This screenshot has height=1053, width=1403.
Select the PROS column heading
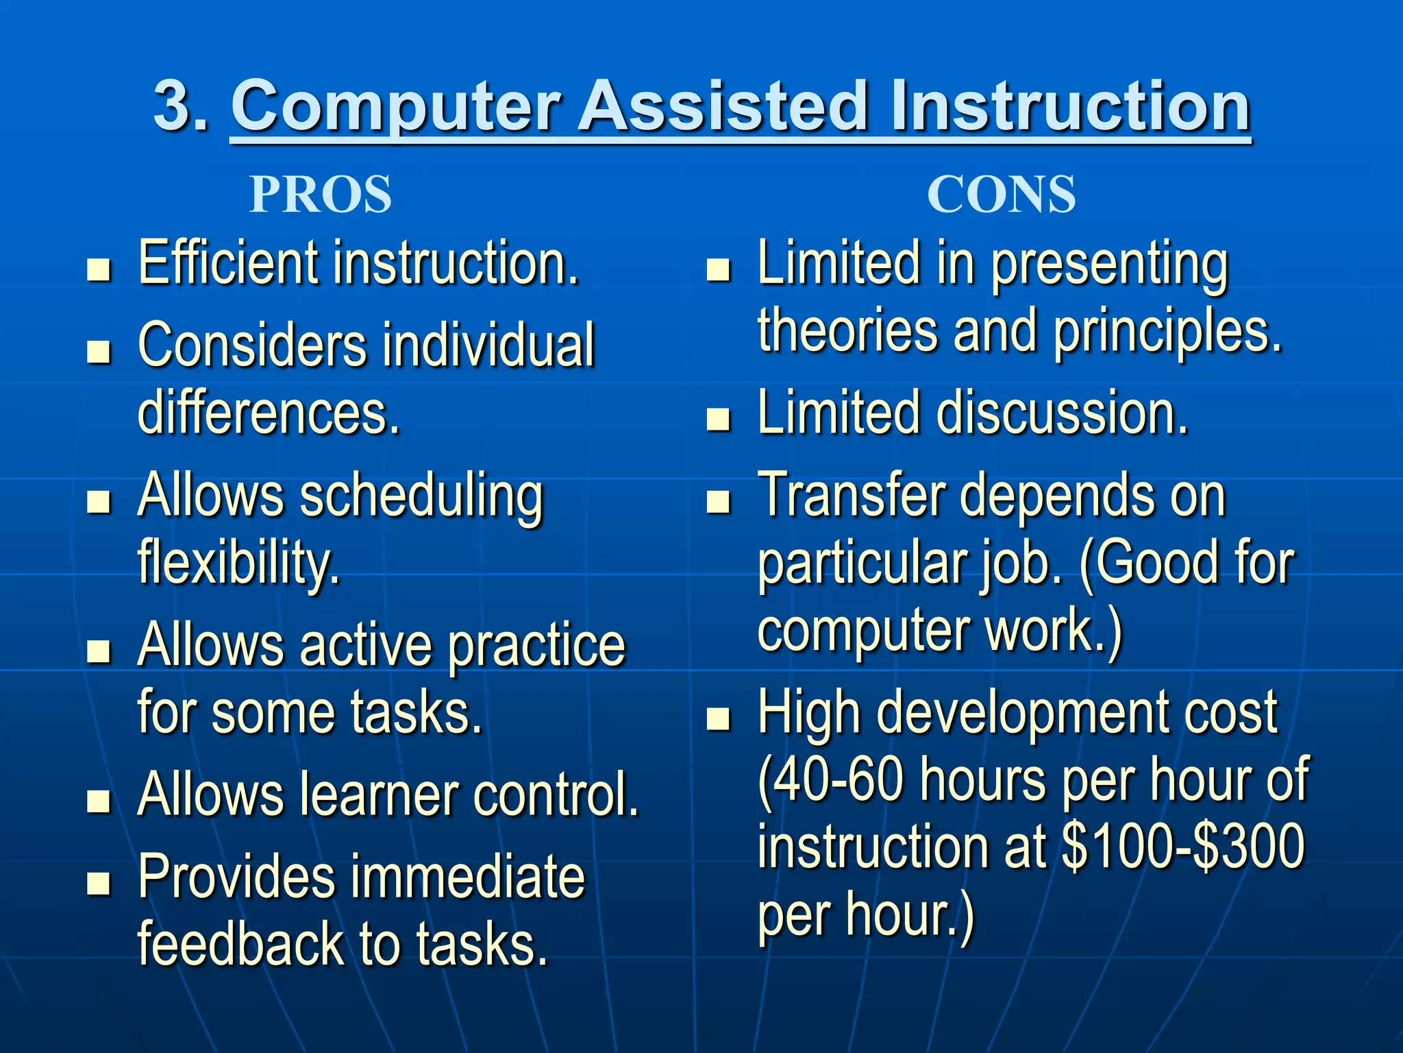[320, 195]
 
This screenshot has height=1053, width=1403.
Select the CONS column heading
[1001, 195]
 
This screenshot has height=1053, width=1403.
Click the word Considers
[252, 345]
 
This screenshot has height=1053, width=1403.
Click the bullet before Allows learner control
[99, 800]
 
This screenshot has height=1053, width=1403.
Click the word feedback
[240, 944]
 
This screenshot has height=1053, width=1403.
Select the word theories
[847, 330]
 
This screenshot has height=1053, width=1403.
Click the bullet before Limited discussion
[719, 419]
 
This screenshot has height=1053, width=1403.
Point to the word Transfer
[852, 495]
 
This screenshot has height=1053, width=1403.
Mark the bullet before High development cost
[719, 719]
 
